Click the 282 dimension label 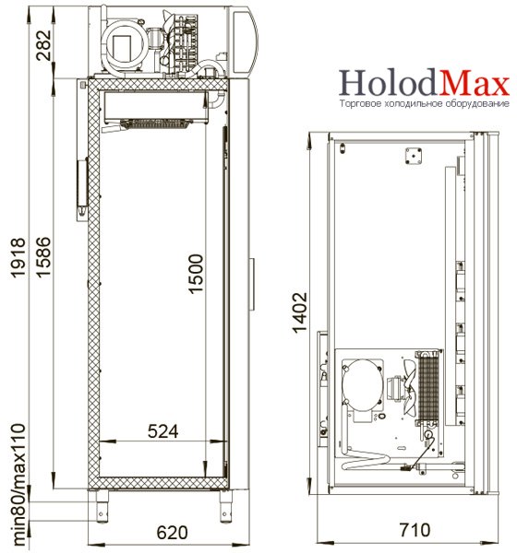pyautogui.click(x=43, y=45)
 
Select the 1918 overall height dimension pyautogui.click(x=18, y=258)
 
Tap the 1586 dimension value pyautogui.click(x=43, y=257)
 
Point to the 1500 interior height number pyautogui.click(x=196, y=274)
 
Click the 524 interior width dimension pyautogui.click(x=162, y=431)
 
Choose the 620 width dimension pyautogui.click(x=172, y=533)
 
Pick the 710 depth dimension pyautogui.click(x=415, y=530)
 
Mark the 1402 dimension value pyautogui.click(x=300, y=312)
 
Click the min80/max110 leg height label pyautogui.click(x=18, y=484)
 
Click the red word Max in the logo pyautogui.click(x=474, y=84)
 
